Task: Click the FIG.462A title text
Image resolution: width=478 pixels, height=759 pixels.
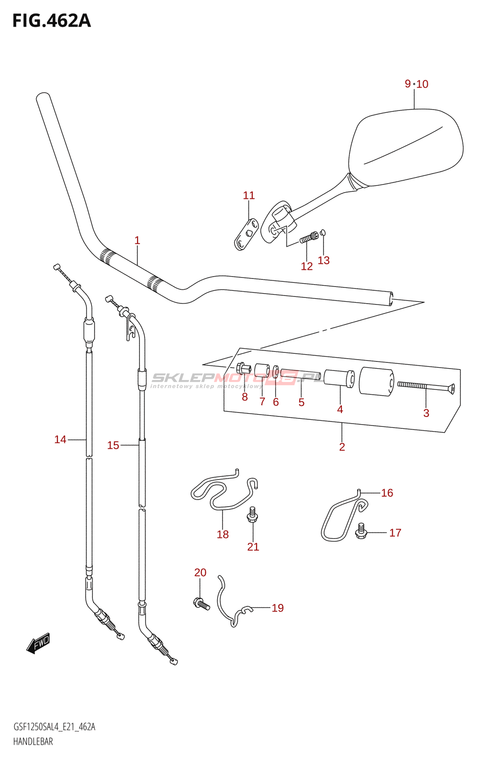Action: [x=51, y=21]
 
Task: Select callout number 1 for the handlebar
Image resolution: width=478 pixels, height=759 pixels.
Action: [x=137, y=241]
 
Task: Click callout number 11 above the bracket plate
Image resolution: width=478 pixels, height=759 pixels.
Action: [x=248, y=195]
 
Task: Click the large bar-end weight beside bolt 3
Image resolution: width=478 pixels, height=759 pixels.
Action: [x=376, y=381]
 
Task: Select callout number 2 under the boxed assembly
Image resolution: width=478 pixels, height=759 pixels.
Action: [x=342, y=447]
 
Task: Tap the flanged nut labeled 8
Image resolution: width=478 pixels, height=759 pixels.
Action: [x=243, y=368]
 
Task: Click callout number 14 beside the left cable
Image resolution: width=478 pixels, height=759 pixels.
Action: [x=60, y=440]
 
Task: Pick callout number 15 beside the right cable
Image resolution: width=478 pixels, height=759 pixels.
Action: [x=113, y=445]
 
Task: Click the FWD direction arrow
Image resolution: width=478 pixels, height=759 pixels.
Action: [x=38, y=644]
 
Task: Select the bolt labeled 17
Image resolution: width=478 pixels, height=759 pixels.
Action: [x=361, y=530]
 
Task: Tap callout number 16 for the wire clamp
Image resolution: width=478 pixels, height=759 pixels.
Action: [x=387, y=493]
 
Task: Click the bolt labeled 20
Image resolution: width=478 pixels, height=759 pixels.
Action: [x=201, y=604]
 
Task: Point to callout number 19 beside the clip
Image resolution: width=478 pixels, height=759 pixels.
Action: [x=277, y=608]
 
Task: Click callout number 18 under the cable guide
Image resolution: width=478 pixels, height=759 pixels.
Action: [x=222, y=535]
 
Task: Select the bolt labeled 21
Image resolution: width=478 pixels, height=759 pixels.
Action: [x=252, y=514]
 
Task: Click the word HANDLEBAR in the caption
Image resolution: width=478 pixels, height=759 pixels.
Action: [x=33, y=741]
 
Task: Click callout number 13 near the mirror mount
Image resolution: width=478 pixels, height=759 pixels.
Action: [x=323, y=260]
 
